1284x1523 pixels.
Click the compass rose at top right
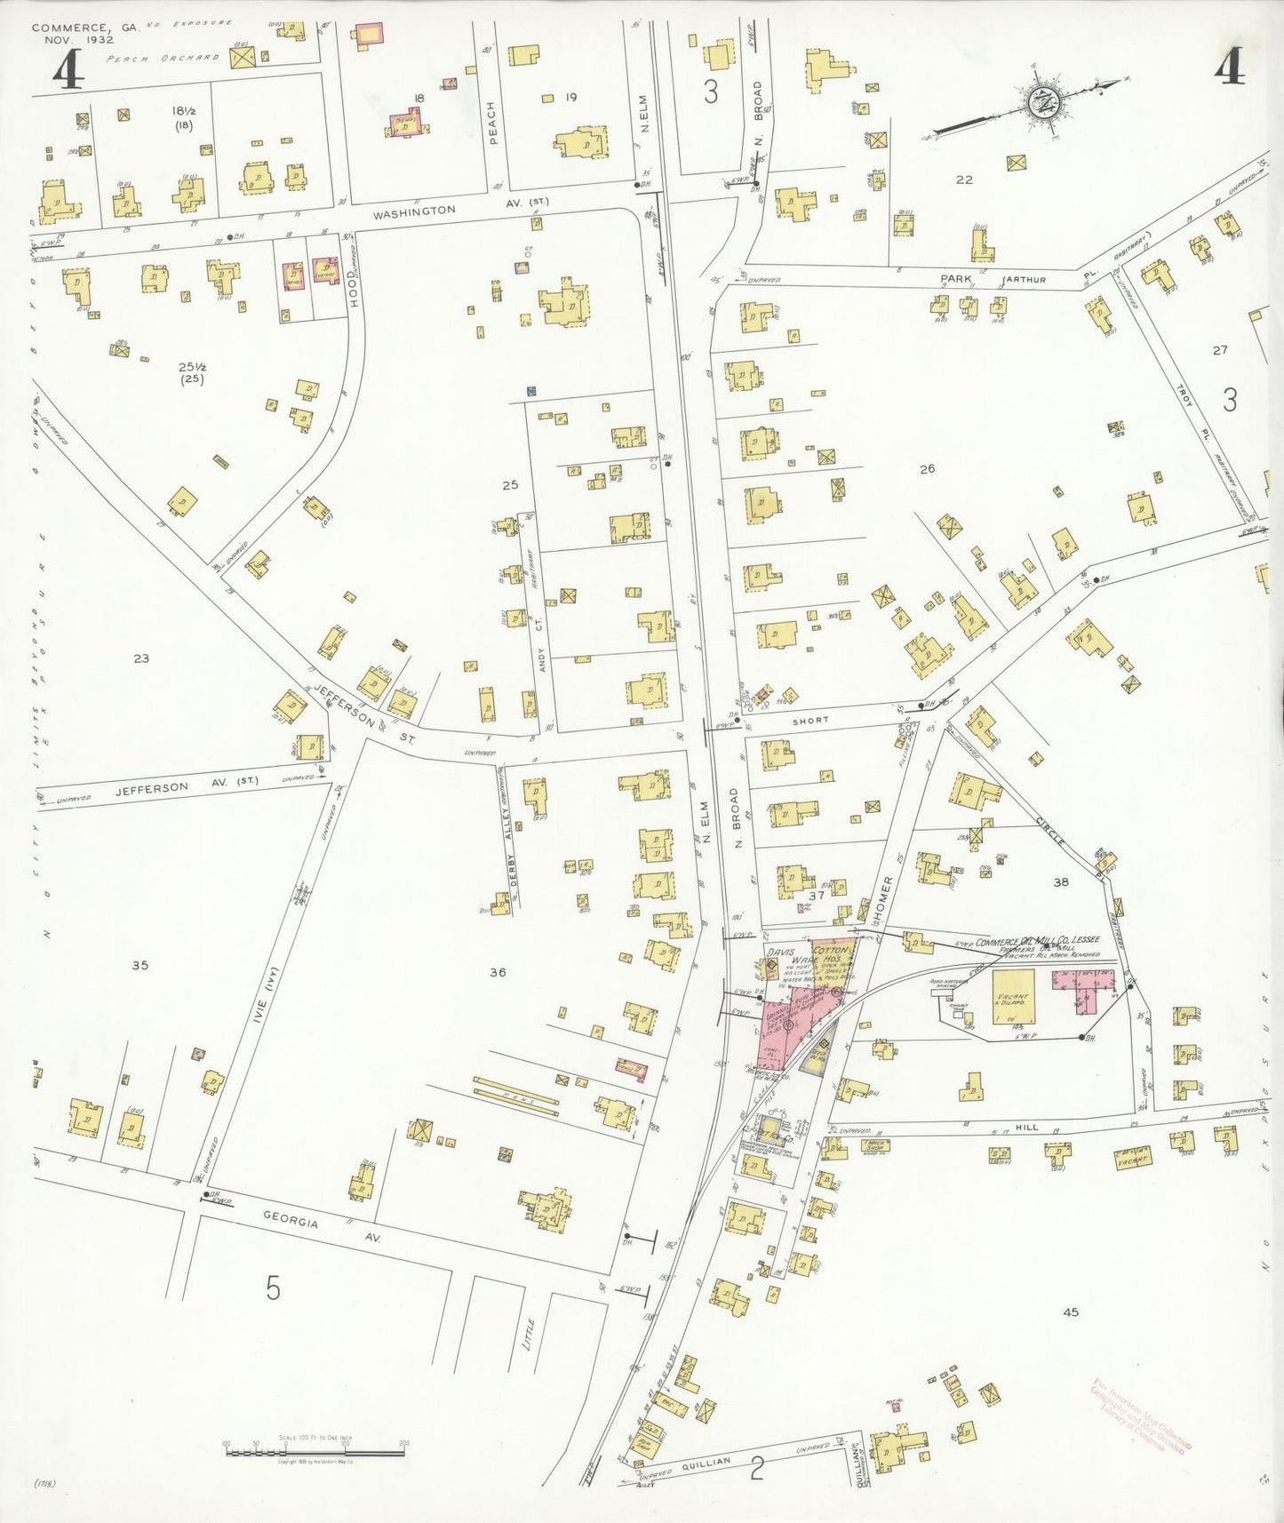(1037, 101)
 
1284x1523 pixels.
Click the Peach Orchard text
(162, 58)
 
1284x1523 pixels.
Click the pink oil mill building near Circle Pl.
(1083, 989)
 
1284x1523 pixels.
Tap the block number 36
(498, 972)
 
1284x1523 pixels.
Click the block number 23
(141, 658)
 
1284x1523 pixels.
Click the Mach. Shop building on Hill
(875, 1146)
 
